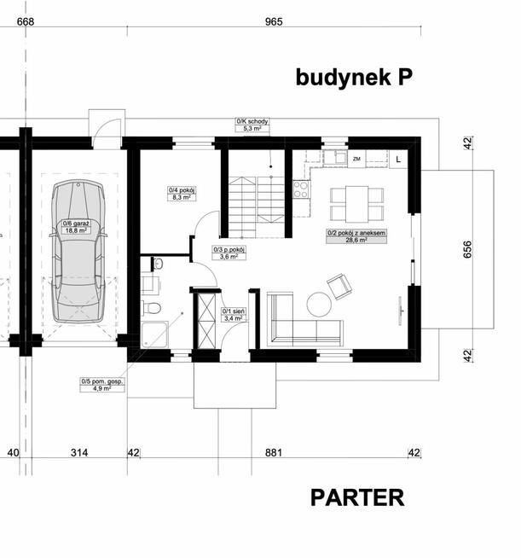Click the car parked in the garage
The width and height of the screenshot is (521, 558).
pyautogui.click(x=78, y=251)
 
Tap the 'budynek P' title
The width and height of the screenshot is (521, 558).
pyautogui.click(x=354, y=77)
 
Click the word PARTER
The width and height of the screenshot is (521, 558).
pyautogui.click(x=357, y=497)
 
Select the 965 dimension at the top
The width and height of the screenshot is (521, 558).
pyautogui.click(x=274, y=21)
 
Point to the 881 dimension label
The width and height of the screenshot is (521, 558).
pyautogui.click(x=274, y=453)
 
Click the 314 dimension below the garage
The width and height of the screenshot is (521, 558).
pyautogui.click(x=79, y=453)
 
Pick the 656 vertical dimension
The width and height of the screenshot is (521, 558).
pyautogui.click(x=467, y=249)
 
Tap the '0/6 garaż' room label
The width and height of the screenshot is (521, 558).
pyautogui.click(x=76, y=224)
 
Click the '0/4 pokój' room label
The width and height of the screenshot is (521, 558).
pyautogui.click(x=182, y=190)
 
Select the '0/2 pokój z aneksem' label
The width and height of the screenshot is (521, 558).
pyautogui.click(x=356, y=233)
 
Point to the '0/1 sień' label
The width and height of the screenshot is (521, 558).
pyautogui.click(x=234, y=311)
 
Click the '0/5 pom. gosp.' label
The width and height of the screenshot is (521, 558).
pyautogui.click(x=102, y=381)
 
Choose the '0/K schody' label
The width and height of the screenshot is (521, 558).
pyautogui.click(x=252, y=121)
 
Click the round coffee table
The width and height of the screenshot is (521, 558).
pyautogui.click(x=319, y=305)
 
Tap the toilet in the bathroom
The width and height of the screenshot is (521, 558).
pyautogui.click(x=152, y=308)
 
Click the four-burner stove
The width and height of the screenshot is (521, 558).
pyautogui.click(x=301, y=189)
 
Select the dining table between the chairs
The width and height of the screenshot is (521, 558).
pyautogui.click(x=356, y=204)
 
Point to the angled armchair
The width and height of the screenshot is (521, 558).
pyautogui.click(x=339, y=286)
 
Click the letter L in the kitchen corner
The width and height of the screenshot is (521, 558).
pyautogui.click(x=398, y=160)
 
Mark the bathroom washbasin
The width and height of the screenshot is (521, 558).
pyautogui.click(x=158, y=264)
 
